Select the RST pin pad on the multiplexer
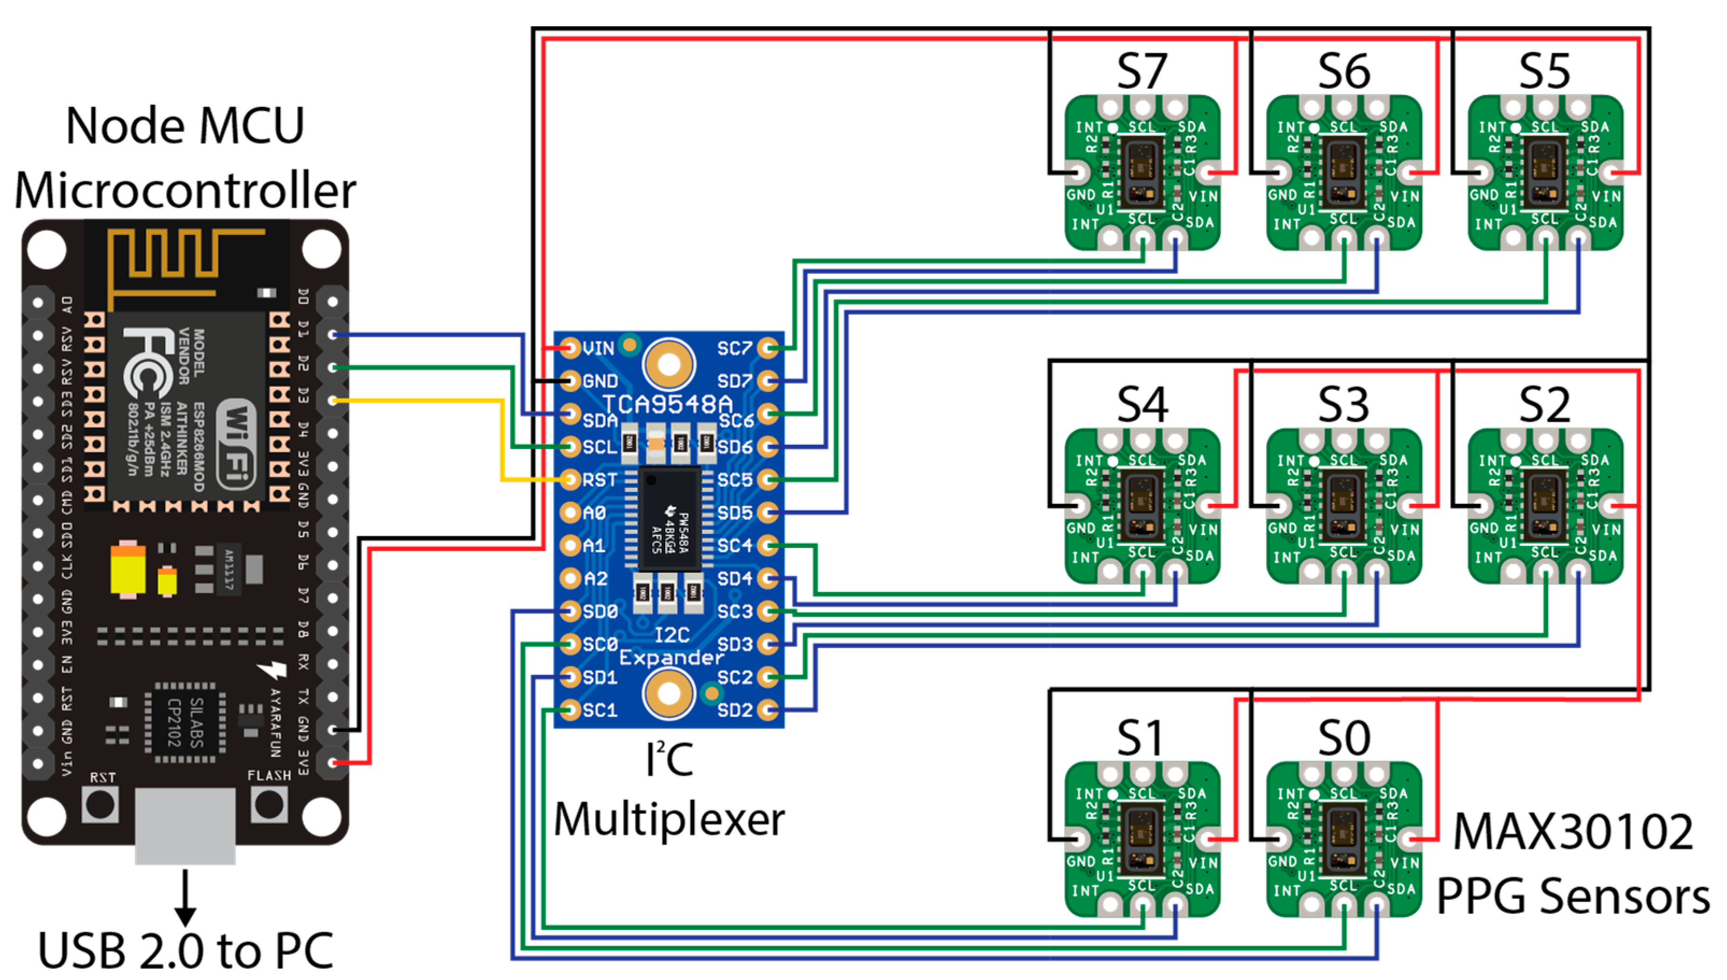(570, 479)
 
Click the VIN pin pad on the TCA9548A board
(570, 348)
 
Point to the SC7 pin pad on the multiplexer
(767, 348)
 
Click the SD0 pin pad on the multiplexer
(570, 611)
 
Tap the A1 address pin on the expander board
(570, 545)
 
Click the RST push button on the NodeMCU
(101, 804)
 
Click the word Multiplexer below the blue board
(668, 820)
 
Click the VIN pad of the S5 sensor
(1611, 173)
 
